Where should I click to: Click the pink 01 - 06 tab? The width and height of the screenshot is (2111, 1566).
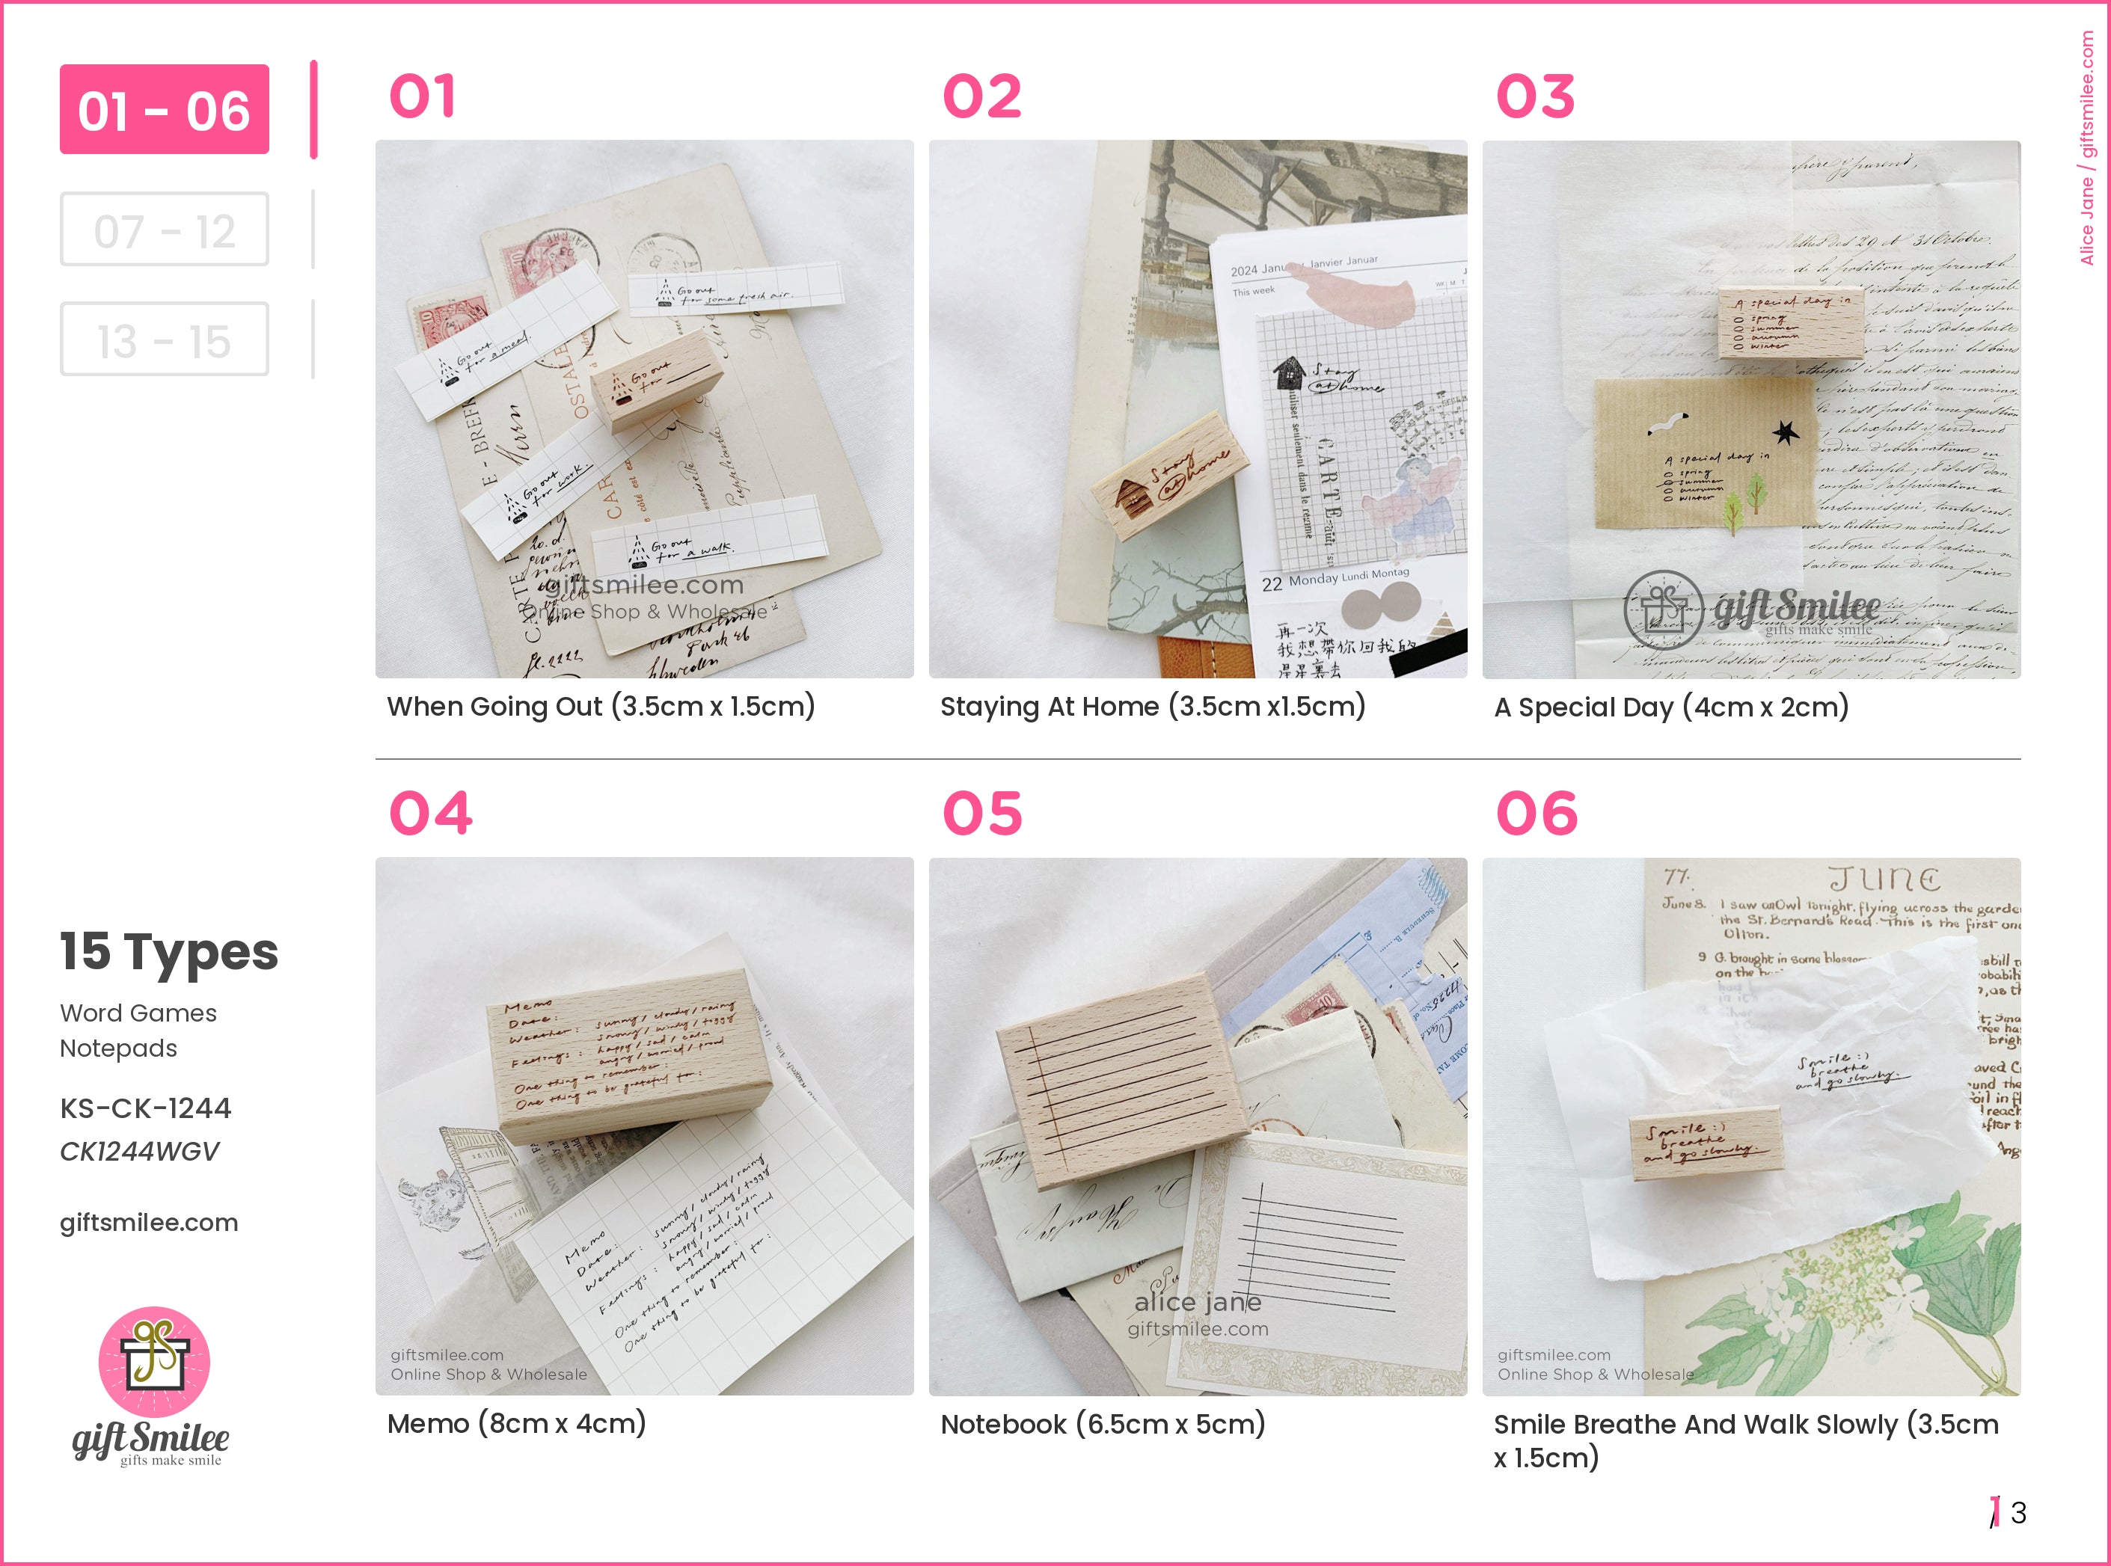pyautogui.click(x=164, y=110)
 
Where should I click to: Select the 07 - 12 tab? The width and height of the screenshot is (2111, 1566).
pyautogui.click(x=164, y=230)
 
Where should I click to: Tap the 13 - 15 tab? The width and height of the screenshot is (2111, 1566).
pyautogui.click(x=164, y=340)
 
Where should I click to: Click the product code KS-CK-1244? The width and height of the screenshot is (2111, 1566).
pyautogui.click(x=145, y=1108)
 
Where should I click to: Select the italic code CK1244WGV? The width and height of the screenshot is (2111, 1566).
pyautogui.click(x=139, y=1151)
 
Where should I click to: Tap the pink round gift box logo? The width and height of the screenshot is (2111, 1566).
pyautogui.click(x=155, y=1361)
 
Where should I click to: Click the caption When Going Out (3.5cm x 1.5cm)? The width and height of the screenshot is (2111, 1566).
pyautogui.click(x=601, y=706)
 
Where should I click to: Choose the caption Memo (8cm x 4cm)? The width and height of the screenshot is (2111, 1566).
pyautogui.click(x=517, y=1423)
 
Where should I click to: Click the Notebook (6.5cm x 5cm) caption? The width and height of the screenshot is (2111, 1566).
pyautogui.click(x=1103, y=1424)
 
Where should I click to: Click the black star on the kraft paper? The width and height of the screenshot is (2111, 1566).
pyautogui.click(x=1786, y=432)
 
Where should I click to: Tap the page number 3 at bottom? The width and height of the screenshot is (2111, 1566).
pyautogui.click(x=2018, y=1512)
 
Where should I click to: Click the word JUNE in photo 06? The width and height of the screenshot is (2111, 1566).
pyautogui.click(x=1884, y=879)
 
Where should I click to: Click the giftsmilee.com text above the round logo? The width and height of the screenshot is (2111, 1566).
pyautogui.click(x=149, y=1222)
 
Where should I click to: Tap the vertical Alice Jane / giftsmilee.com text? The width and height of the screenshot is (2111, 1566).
pyautogui.click(x=2087, y=147)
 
